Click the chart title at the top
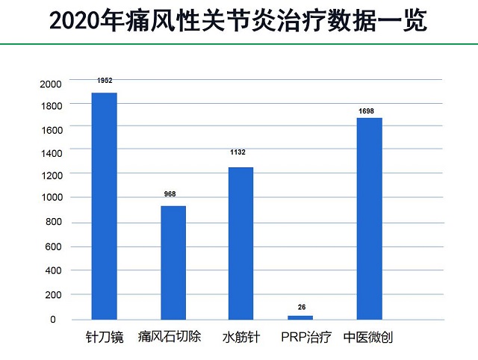coord(238,21)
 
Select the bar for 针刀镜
coord(104,206)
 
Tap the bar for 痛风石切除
coord(173,262)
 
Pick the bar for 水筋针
coord(240,243)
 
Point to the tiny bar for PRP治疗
coord(301,317)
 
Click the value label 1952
coord(104,81)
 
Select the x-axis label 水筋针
coord(240,337)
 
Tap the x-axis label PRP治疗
coord(307,337)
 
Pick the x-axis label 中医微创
coord(368,337)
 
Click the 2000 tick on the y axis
coord(49,84)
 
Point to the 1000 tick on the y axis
coord(49,198)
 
